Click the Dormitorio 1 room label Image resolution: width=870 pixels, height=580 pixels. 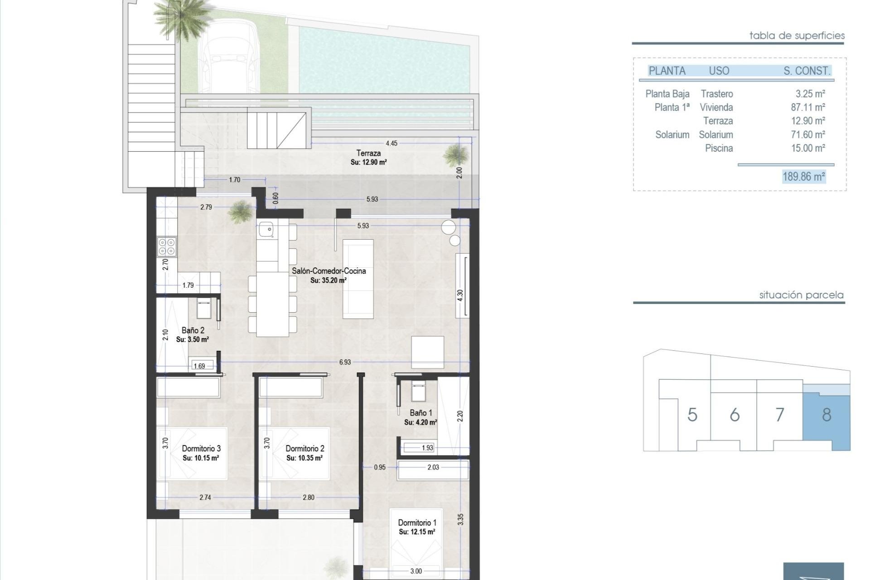(417, 522)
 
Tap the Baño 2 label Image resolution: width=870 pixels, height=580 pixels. (193, 330)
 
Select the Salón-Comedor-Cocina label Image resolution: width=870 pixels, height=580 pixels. (329, 271)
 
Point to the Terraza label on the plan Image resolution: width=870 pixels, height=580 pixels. (368, 153)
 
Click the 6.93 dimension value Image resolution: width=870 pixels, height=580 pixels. (345, 362)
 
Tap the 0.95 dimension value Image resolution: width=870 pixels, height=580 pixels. (380, 467)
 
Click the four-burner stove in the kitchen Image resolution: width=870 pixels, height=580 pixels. (167, 246)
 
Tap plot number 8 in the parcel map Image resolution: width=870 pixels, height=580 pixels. (826, 415)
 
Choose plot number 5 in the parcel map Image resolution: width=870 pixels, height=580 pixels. (692, 415)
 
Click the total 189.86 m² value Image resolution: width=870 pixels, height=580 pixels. (803, 177)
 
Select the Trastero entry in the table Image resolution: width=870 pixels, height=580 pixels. (716, 94)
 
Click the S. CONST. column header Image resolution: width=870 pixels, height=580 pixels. (807, 71)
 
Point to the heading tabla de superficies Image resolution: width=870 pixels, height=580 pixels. (797, 35)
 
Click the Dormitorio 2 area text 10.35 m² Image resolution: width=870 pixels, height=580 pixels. (304, 458)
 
